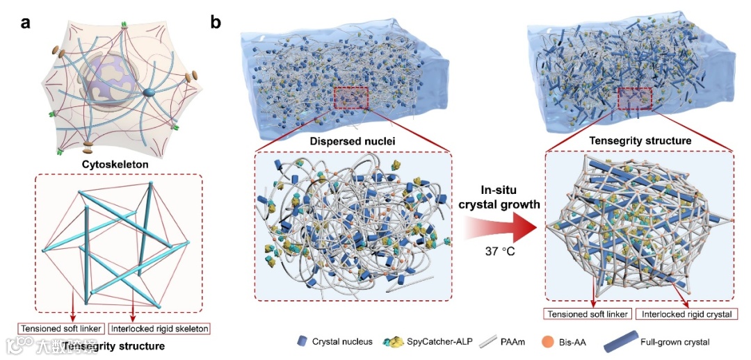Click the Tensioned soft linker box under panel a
click(62, 328)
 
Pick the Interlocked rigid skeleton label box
click(159, 328)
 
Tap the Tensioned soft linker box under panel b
click(588, 314)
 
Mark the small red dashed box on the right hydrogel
click(633, 99)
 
